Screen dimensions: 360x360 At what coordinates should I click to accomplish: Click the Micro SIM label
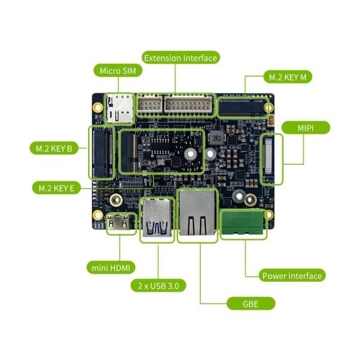[117, 71]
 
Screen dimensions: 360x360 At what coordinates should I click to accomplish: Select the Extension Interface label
[181, 58]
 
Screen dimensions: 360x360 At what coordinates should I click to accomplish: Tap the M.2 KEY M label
[289, 77]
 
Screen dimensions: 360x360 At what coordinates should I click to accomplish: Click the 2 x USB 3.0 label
[158, 285]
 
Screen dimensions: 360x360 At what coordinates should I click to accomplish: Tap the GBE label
[251, 304]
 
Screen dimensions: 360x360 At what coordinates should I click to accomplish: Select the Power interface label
[292, 276]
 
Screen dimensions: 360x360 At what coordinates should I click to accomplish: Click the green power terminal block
[241, 224]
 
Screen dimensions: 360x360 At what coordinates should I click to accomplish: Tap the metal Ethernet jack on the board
[197, 216]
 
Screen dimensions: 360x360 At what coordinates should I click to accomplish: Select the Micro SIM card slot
[119, 108]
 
